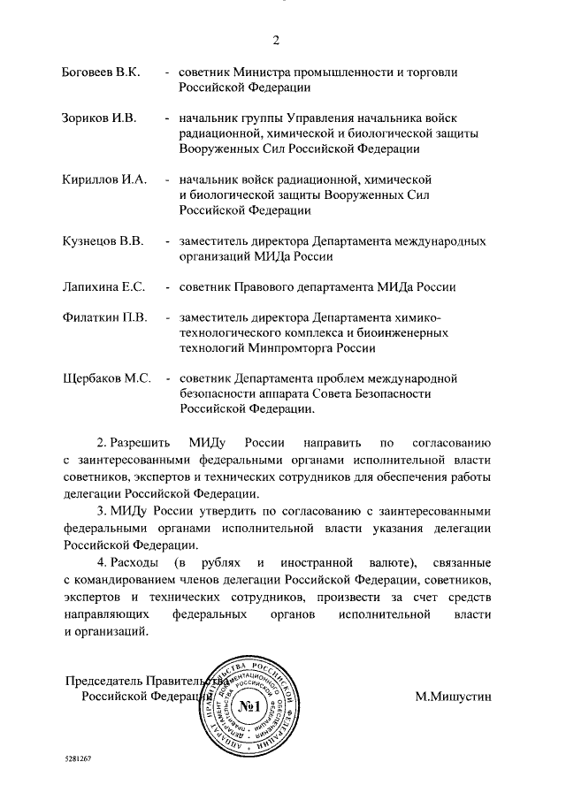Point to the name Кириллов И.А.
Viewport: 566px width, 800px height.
(103, 179)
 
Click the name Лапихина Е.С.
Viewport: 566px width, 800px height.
(103, 286)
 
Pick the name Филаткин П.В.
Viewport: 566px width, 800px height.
(103, 316)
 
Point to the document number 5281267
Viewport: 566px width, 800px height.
(78, 759)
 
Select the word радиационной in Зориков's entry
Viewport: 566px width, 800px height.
(218, 133)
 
